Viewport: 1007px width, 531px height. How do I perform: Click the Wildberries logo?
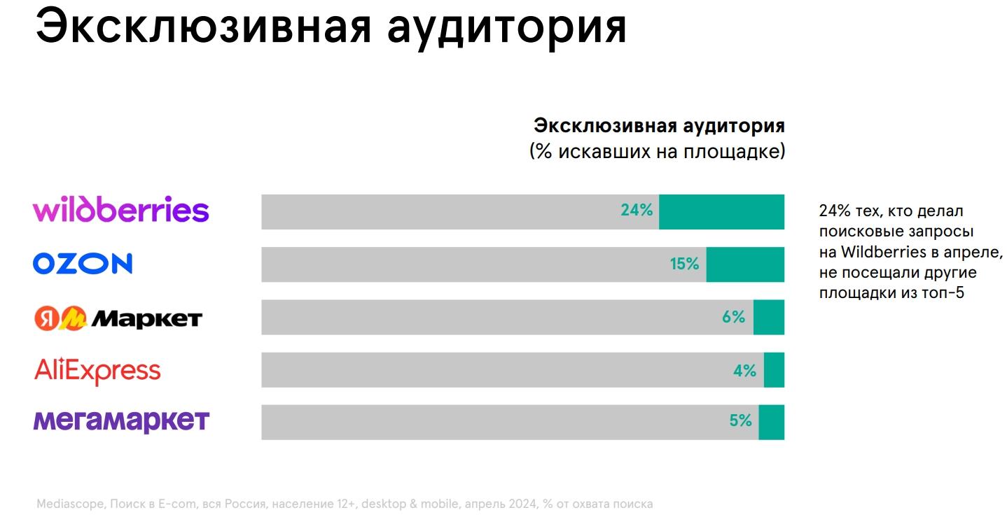[x=121, y=211]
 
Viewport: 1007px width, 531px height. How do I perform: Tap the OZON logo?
[x=83, y=264]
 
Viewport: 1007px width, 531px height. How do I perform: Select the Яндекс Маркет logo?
[x=118, y=319]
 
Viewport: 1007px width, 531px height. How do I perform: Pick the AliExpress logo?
[x=97, y=371]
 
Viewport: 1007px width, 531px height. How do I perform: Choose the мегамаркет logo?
[x=121, y=421]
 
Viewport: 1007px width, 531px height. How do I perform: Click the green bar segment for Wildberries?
[x=721, y=212]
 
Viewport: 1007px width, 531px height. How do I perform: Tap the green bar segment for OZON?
[x=745, y=264]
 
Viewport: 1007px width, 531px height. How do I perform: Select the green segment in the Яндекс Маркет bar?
[x=768, y=317]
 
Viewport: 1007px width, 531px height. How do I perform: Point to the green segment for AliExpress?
[x=774, y=370]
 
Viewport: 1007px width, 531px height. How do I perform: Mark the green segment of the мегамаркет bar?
[x=771, y=422]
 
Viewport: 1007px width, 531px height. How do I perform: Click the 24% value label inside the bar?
[x=636, y=210]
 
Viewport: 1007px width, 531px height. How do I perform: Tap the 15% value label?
[x=684, y=264]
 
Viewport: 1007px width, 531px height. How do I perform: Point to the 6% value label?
[x=733, y=317]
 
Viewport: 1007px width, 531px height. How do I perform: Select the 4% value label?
[x=744, y=371]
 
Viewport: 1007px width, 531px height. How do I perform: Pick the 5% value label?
[x=740, y=421]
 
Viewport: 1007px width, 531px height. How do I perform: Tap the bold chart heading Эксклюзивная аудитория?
[x=659, y=126]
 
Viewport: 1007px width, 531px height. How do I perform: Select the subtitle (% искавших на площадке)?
[x=657, y=151]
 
